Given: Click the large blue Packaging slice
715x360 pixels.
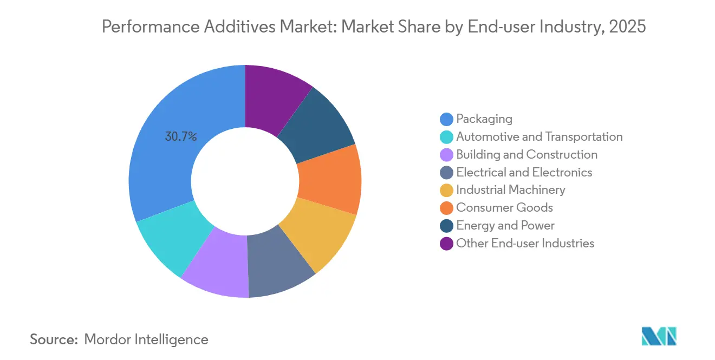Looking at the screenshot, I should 162,162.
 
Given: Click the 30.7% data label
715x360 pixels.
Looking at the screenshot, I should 181,137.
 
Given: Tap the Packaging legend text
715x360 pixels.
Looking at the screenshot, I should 484,119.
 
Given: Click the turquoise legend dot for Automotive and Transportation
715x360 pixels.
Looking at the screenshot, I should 446,137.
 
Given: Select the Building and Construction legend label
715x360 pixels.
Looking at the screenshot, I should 526,154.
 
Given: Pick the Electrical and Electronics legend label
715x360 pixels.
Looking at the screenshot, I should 524,172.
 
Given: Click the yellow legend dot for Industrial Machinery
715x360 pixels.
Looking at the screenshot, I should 446,190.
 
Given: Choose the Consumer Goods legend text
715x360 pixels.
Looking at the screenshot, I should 504,207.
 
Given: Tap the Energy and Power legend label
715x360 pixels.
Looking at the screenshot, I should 505,225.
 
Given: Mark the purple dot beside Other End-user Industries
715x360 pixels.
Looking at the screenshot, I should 446,244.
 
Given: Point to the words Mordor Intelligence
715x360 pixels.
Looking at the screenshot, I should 146,339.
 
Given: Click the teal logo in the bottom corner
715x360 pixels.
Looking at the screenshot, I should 659,336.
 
